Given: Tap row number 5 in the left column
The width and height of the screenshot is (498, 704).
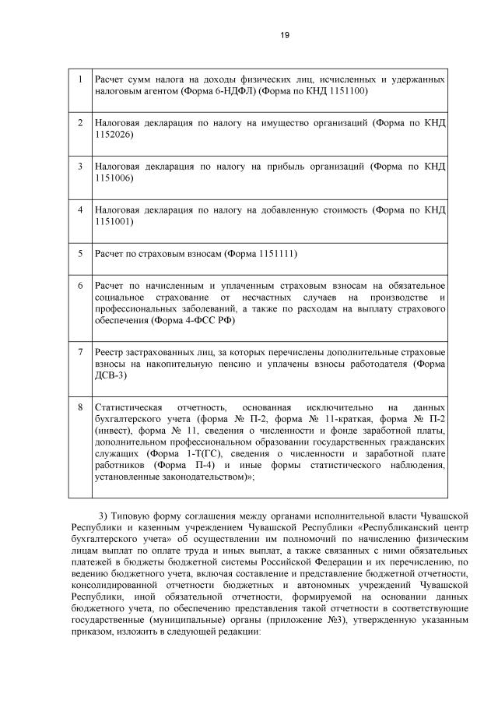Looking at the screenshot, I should pos(80,254).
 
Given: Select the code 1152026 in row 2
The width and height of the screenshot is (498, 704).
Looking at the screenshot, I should pos(114,135).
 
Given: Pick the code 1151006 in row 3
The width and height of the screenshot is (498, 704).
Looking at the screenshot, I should pos(114,178).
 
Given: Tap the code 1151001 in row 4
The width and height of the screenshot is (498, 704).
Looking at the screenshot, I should pos(114,222).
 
